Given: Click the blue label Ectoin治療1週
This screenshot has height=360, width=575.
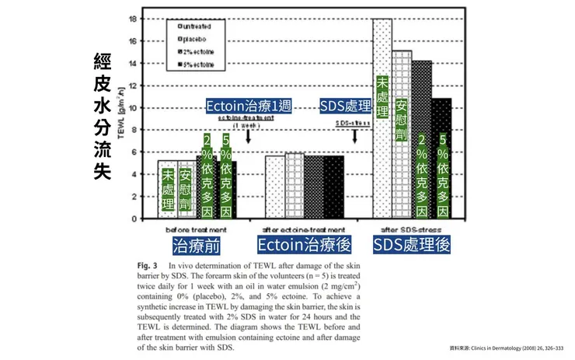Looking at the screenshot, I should click(x=249, y=106).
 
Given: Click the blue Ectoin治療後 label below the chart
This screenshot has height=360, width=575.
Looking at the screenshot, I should click(x=305, y=246).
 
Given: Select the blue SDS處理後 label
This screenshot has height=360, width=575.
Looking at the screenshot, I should click(x=412, y=246).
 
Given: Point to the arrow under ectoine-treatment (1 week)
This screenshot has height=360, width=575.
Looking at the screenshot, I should click(x=248, y=137).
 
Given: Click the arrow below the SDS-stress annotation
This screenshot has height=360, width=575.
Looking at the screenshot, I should click(x=354, y=137).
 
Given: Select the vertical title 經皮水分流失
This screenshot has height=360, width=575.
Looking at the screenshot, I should click(x=101, y=117).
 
